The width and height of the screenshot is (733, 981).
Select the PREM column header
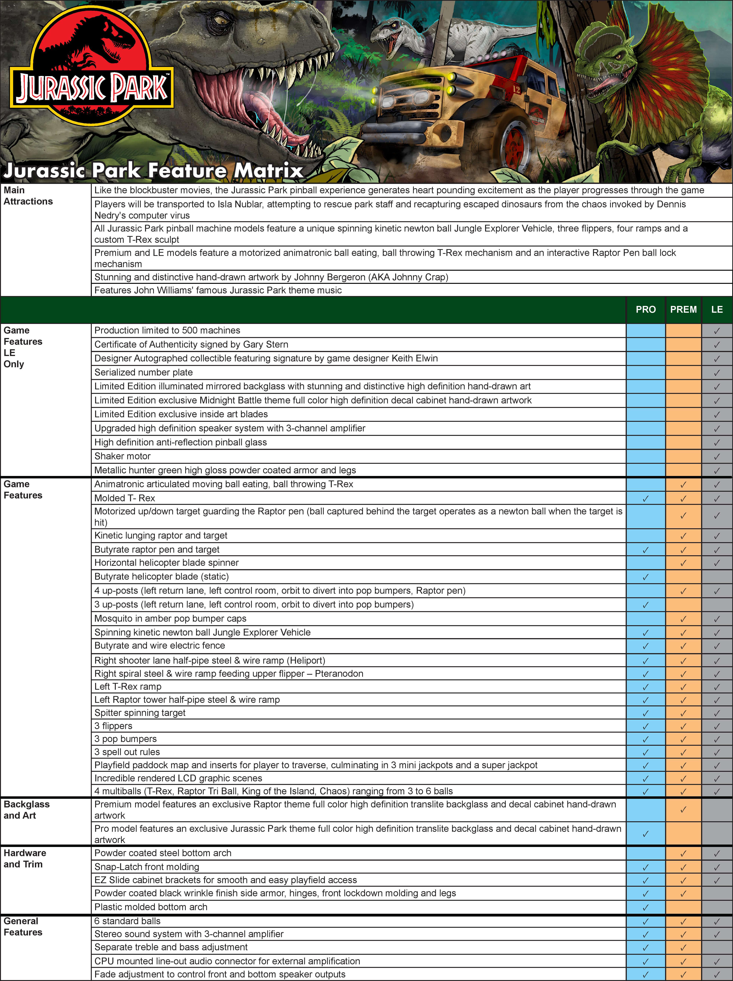coord(683,310)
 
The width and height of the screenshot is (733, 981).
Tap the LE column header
coord(717,310)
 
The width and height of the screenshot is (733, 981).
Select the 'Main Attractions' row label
coord(28,196)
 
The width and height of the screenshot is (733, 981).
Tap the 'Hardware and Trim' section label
coord(25,858)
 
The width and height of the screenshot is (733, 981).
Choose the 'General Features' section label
coord(23,926)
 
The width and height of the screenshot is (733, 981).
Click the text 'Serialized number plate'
coord(143,372)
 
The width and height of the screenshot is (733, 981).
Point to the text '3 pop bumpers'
coord(126,739)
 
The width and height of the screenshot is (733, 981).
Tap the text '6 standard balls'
coord(127,921)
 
